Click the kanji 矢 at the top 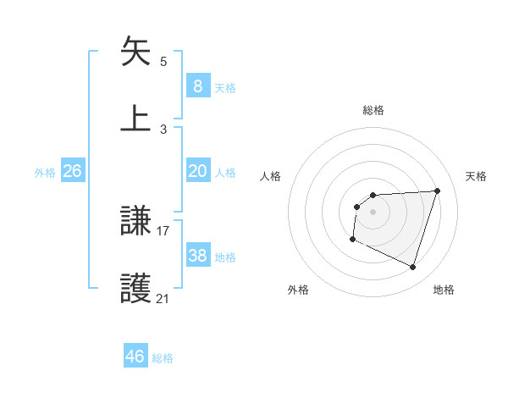[135, 52]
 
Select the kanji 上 [135, 117]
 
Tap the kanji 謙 [135, 222]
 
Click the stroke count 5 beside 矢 [163, 62]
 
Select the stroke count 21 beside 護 [163, 298]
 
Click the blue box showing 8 [197, 86]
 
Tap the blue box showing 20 [197, 171]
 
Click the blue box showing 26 [72, 171]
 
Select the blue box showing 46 [135, 357]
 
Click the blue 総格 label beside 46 [163, 358]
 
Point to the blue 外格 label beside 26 [45, 173]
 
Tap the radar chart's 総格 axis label [373, 110]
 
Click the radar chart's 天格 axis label [477, 176]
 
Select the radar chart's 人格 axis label [271, 176]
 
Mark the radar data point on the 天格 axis [438, 191]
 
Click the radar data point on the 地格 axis [413, 268]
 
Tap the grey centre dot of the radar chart [373, 212]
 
